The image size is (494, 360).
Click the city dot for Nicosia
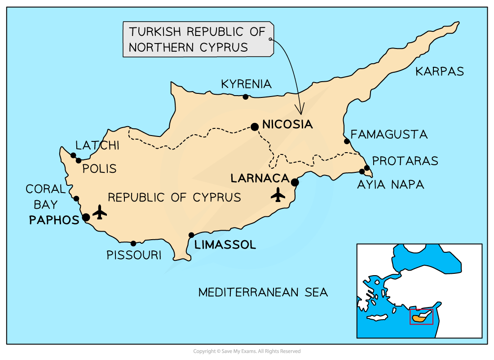(x=255, y=127)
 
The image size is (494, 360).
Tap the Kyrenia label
(x=246, y=84)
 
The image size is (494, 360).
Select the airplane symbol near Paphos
(x=100, y=212)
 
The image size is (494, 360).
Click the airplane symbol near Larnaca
(x=278, y=194)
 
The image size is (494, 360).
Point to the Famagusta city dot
(x=347, y=141)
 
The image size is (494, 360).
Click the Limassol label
(x=225, y=245)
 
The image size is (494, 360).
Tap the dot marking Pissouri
(x=133, y=243)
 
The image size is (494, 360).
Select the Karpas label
(x=439, y=71)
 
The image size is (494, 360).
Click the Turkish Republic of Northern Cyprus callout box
(x=198, y=40)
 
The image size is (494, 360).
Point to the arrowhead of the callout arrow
(x=301, y=110)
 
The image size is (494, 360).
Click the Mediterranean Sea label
(x=263, y=293)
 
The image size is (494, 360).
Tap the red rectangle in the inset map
(x=422, y=316)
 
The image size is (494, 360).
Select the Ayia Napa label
(x=390, y=184)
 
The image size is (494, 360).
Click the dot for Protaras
(x=367, y=168)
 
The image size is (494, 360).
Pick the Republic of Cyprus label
(x=174, y=198)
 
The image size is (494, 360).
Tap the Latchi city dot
(x=73, y=155)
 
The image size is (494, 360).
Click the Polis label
(x=99, y=169)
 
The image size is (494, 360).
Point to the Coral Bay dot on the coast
(x=76, y=199)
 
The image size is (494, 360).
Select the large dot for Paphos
(x=86, y=218)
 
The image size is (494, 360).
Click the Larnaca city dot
(x=295, y=182)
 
